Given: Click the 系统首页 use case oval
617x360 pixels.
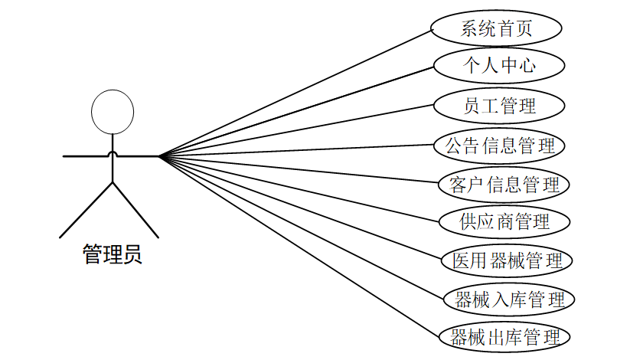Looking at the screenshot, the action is coord(496,29).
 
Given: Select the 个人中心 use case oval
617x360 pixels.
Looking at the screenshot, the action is coord(498,67).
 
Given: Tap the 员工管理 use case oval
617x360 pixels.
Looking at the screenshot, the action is coord(499,106).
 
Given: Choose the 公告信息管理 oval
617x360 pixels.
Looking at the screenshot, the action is coord(499,145).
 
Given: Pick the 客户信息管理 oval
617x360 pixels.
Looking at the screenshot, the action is coord(503,184).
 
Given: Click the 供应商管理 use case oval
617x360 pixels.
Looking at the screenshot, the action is coord(504,222).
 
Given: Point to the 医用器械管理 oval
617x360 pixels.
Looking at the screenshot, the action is coord(506,260).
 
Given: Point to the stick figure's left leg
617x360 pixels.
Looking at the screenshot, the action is coord(87,209).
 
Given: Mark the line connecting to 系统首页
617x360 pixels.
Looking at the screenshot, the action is coord(295,93).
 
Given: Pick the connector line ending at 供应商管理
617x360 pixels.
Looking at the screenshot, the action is coord(299,189).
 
